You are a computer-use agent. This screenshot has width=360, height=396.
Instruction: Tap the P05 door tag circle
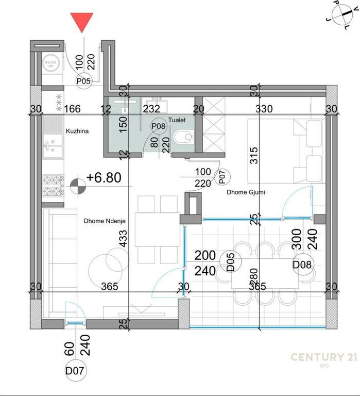[x=83, y=81]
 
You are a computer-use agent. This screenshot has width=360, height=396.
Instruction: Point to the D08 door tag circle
[x=302, y=265]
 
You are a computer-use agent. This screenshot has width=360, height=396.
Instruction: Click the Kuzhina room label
[x=77, y=131]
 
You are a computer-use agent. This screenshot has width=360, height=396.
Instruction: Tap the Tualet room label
[x=176, y=120]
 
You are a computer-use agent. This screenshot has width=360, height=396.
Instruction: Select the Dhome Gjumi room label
[x=244, y=192]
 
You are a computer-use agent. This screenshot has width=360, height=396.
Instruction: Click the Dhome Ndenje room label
[x=105, y=221]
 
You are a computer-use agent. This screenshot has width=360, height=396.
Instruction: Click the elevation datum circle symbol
[x=77, y=186]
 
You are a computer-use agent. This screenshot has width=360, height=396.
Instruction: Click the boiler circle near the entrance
[x=50, y=64]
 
